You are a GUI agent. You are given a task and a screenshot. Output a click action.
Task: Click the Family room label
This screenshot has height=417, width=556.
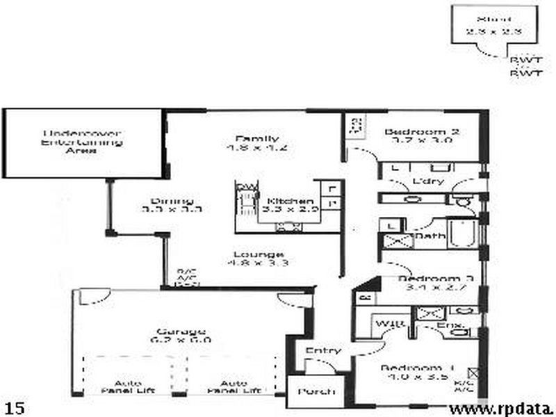tap(247, 138)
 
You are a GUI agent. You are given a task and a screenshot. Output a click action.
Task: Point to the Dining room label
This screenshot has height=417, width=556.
tap(171, 202)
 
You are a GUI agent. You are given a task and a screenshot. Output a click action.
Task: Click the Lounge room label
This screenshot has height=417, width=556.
tap(258, 254)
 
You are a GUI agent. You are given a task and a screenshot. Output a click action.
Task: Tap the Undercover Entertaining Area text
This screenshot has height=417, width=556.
tap(83, 141)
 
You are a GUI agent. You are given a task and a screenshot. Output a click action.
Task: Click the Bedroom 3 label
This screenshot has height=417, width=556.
tap(436, 279)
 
